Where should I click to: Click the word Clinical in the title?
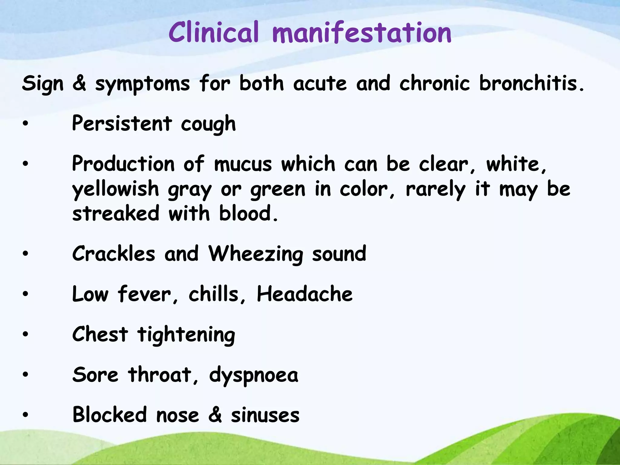[x=213, y=33]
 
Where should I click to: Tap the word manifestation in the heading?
[x=362, y=33]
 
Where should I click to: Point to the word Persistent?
[x=122, y=124]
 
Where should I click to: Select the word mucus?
[x=243, y=164]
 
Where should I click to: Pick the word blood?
[x=248, y=213]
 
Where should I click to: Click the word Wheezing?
[x=256, y=254]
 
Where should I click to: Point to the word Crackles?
[x=114, y=254]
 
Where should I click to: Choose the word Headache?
[x=305, y=294]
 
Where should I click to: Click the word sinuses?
[x=265, y=415]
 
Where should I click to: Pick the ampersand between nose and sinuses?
[x=215, y=415]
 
